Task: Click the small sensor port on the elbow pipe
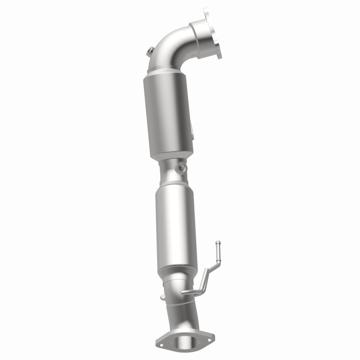point(149,52)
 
